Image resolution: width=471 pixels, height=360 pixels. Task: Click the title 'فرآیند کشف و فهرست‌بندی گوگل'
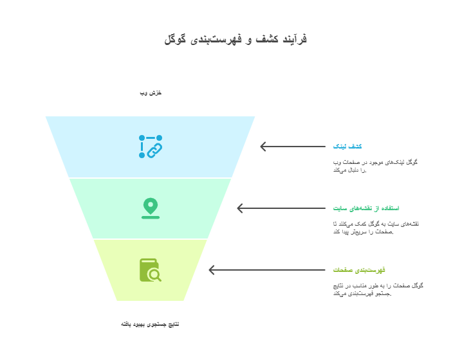click(x=235, y=39)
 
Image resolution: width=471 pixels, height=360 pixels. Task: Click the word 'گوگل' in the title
click(x=175, y=39)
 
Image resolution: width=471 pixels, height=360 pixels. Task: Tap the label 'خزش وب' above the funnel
click(x=151, y=93)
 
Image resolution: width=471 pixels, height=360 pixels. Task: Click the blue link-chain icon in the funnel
click(x=151, y=147)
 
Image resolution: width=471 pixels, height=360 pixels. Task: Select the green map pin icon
click(x=151, y=208)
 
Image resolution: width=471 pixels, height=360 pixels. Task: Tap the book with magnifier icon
click(x=151, y=270)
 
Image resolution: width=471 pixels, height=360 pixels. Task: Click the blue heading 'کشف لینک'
click(x=347, y=147)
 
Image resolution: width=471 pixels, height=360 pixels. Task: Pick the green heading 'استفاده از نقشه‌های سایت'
click(x=366, y=208)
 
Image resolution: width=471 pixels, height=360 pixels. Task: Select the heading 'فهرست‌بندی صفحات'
click(x=359, y=270)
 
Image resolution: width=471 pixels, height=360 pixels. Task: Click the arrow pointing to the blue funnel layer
click(x=293, y=147)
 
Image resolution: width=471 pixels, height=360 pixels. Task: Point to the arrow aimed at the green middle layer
click(x=281, y=208)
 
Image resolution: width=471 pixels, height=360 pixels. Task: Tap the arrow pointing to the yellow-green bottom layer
click(x=267, y=270)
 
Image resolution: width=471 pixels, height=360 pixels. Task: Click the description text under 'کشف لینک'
click(x=376, y=166)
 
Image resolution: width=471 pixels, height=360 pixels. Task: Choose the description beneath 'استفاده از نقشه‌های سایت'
click(x=376, y=228)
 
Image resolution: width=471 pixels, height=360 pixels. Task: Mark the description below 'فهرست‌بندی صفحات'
click(x=378, y=289)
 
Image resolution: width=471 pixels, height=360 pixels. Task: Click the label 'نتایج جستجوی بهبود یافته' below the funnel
click(x=150, y=324)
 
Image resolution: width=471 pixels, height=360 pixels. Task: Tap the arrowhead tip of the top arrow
click(x=261, y=147)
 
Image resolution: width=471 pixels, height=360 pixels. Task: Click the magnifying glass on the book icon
click(x=155, y=274)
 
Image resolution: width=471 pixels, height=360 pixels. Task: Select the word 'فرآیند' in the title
click(x=295, y=39)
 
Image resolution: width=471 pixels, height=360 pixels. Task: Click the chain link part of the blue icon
click(x=154, y=150)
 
